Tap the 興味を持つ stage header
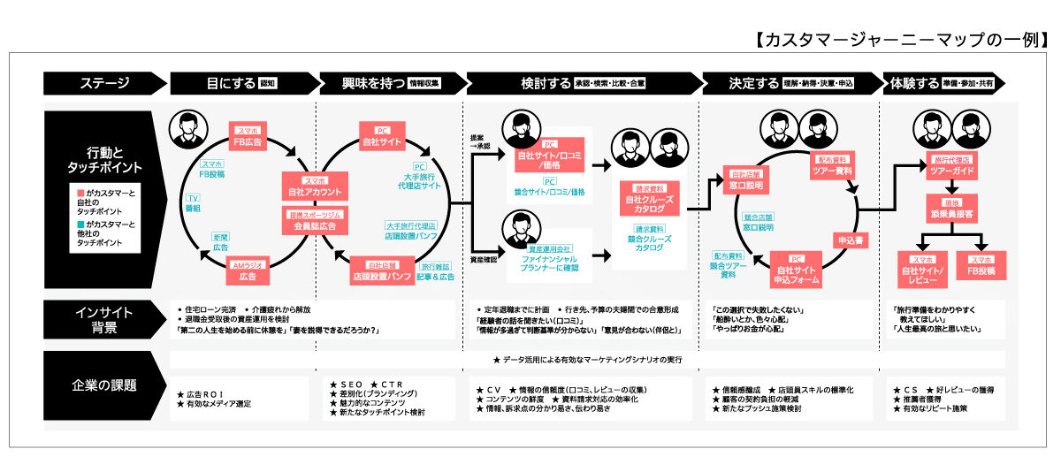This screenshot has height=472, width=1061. click(x=389, y=83)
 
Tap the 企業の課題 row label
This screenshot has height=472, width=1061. click(x=105, y=385)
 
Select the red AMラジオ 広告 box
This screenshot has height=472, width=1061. click(x=248, y=271)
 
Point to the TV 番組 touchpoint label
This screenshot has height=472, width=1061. click(x=193, y=202)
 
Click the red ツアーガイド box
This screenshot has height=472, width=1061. click(x=950, y=166)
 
